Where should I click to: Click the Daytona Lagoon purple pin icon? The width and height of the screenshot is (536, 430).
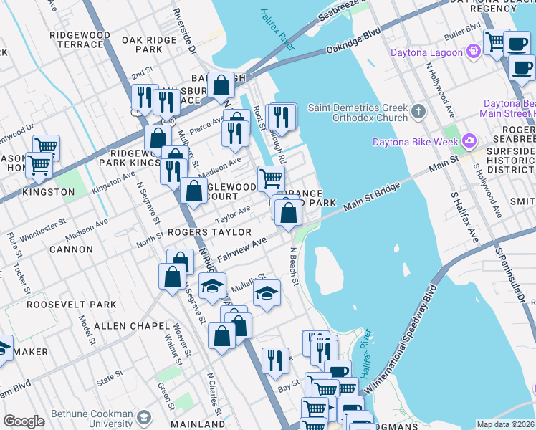pos(472,52)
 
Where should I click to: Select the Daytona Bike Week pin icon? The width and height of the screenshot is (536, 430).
pos(469,140)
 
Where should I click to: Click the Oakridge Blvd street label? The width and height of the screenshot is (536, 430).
pos(353,42)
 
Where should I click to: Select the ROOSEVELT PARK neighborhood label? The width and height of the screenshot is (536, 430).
pos(71,305)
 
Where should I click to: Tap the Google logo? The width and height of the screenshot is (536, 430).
pos(24,421)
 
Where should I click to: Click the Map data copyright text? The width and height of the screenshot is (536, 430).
pos(505,424)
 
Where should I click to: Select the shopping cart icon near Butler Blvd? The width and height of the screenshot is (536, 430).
pos(495,41)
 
